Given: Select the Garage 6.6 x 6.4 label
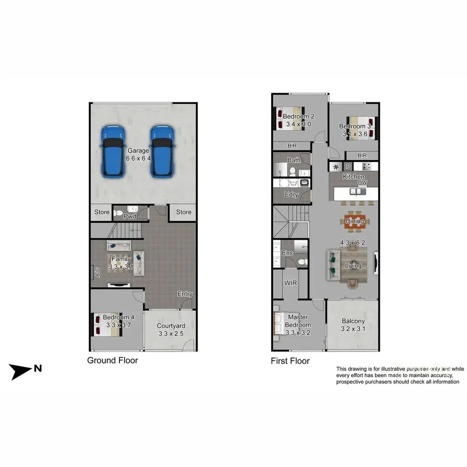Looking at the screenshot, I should (138, 154).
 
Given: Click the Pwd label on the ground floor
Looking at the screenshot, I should (130, 216).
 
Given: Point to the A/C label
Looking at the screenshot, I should (97, 272).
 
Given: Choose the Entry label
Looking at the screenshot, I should (185, 294).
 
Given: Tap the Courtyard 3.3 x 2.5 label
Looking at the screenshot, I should (171, 329).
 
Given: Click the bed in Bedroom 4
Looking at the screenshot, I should (106, 325).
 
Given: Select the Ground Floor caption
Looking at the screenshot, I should (112, 360).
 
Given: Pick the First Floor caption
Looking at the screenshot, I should (290, 361).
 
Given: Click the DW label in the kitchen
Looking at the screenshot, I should (362, 183).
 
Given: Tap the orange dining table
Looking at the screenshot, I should (355, 221).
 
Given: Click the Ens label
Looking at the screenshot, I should (287, 253).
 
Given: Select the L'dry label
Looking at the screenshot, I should (291, 195).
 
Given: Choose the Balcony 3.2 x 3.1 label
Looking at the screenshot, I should (353, 325).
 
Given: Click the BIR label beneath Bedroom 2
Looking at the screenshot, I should (292, 146).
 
